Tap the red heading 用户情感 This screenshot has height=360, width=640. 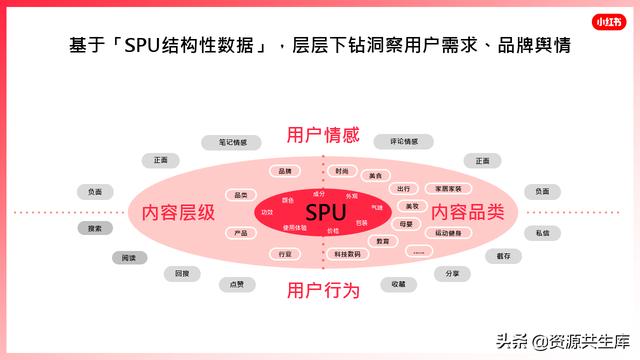click(x=322, y=136)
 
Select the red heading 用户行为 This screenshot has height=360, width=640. click(x=322, y=290)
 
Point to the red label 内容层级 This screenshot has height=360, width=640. click(x=178, y=213)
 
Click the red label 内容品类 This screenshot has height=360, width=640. click(x=467, y=213)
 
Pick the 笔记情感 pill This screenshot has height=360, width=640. click(x=232, y=142)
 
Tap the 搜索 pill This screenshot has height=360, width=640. click(x=94, y=228)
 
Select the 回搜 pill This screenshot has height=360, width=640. click(x=181, y=273)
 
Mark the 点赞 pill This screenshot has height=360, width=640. click(x=237, y=284)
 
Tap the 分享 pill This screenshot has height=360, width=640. click(x=452, y=273)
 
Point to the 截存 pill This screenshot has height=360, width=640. click(x=503, y=256)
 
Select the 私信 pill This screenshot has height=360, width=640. click(x=541, y=232)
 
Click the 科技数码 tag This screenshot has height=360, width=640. click(x=348, y=254)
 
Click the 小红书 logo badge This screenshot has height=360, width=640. click(x=607, y=19)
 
